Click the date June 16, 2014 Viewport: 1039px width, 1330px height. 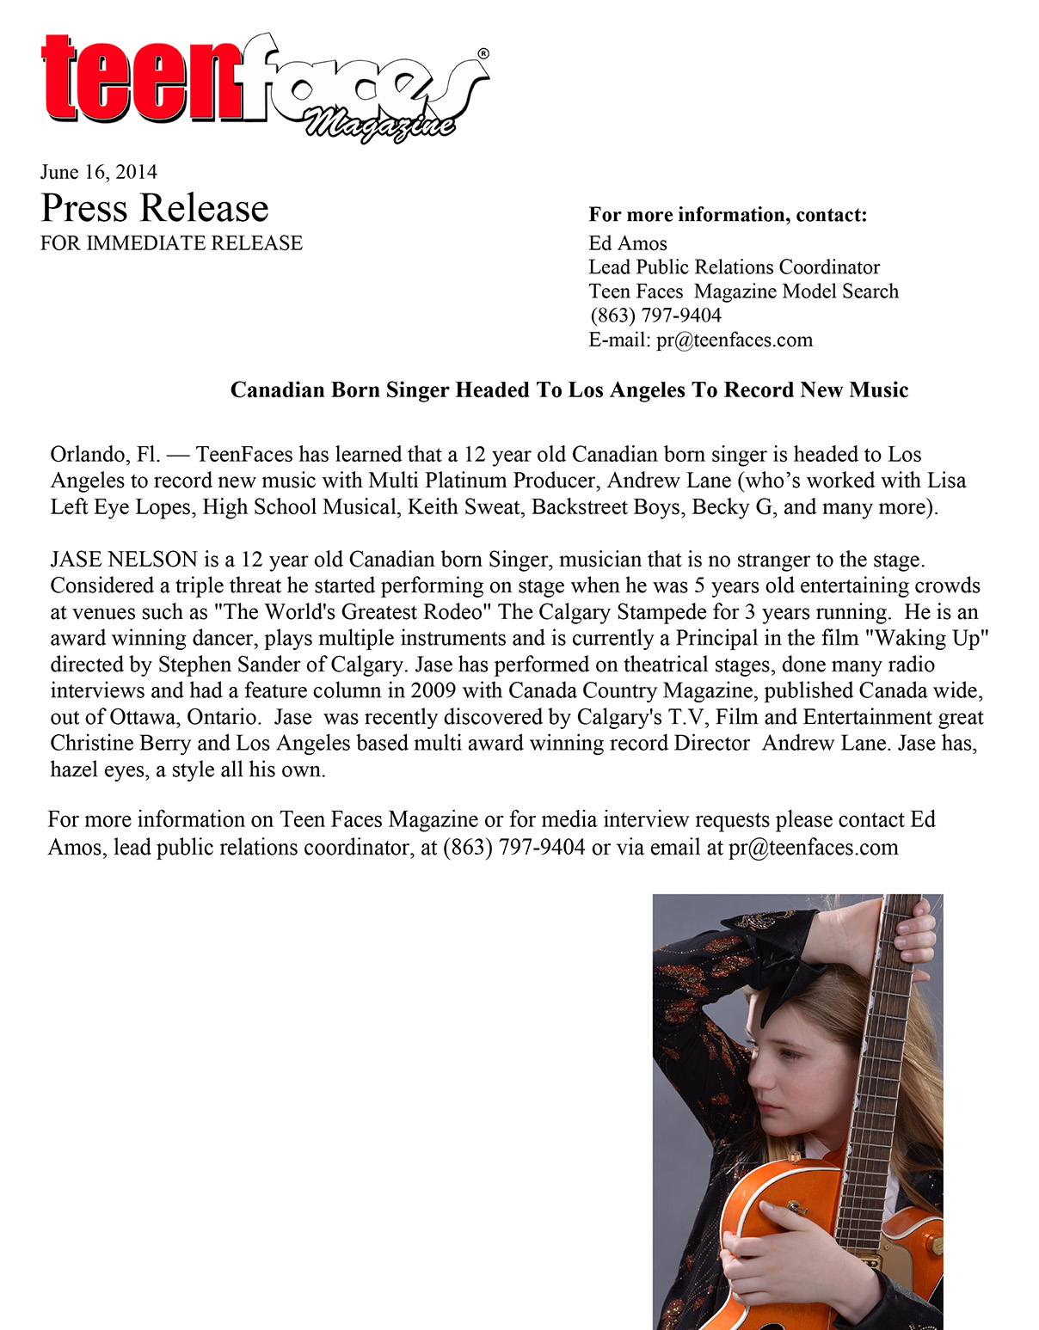(98, 172)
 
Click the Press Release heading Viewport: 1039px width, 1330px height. (155, 208)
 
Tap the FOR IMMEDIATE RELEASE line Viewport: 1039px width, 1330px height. (171, 243)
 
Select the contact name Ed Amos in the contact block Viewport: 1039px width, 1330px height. (628, 243)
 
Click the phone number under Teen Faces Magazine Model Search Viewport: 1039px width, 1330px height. (655, 316)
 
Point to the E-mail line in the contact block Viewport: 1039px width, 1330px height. (700, 340)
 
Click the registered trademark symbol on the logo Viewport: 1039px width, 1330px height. (483, 53)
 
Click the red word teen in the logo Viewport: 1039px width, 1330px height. (142, 79)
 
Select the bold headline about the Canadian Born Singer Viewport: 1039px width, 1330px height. (569, 390)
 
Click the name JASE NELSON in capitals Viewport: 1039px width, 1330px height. (124, 560)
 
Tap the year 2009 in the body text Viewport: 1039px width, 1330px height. (433, 690)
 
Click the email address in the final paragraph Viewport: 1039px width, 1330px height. (813, 848)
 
